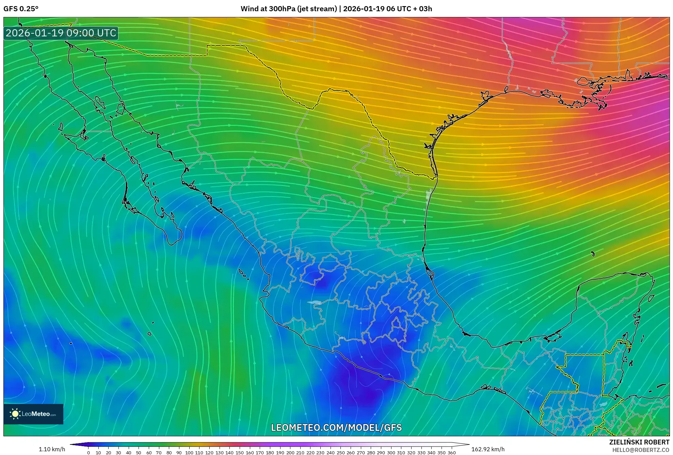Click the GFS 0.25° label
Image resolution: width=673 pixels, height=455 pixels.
[x=21, y=9]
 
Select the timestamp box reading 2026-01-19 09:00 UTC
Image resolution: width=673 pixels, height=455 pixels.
[x=61, y=33]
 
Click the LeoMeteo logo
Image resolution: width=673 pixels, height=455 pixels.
[x=33, y=414]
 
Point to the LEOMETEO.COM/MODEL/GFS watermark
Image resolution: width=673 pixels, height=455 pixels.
[x=336, y=427]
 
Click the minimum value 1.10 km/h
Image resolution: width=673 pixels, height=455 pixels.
[x=52, y=449]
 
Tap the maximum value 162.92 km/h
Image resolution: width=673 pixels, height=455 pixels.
[x=488, y=449]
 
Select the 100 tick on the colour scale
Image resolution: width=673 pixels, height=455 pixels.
[x=189, y=453]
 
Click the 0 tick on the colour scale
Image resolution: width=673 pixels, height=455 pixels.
[x=89, y=453]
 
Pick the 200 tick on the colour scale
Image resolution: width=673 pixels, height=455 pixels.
[x=290, y=453]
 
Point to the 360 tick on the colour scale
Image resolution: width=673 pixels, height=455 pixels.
[x=451, y=453]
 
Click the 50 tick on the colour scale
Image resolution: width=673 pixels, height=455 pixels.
[x=139, y=453]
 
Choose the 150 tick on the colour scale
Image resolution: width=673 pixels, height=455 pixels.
[x=240, y=453]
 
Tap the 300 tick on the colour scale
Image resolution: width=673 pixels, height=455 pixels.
[x=391, y=453]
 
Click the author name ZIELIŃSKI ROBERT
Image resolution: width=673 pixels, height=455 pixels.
[x=639, y=442]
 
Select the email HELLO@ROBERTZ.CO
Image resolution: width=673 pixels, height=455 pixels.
[x=641, y=450]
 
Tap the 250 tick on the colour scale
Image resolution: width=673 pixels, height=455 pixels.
[x=340, y=453]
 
